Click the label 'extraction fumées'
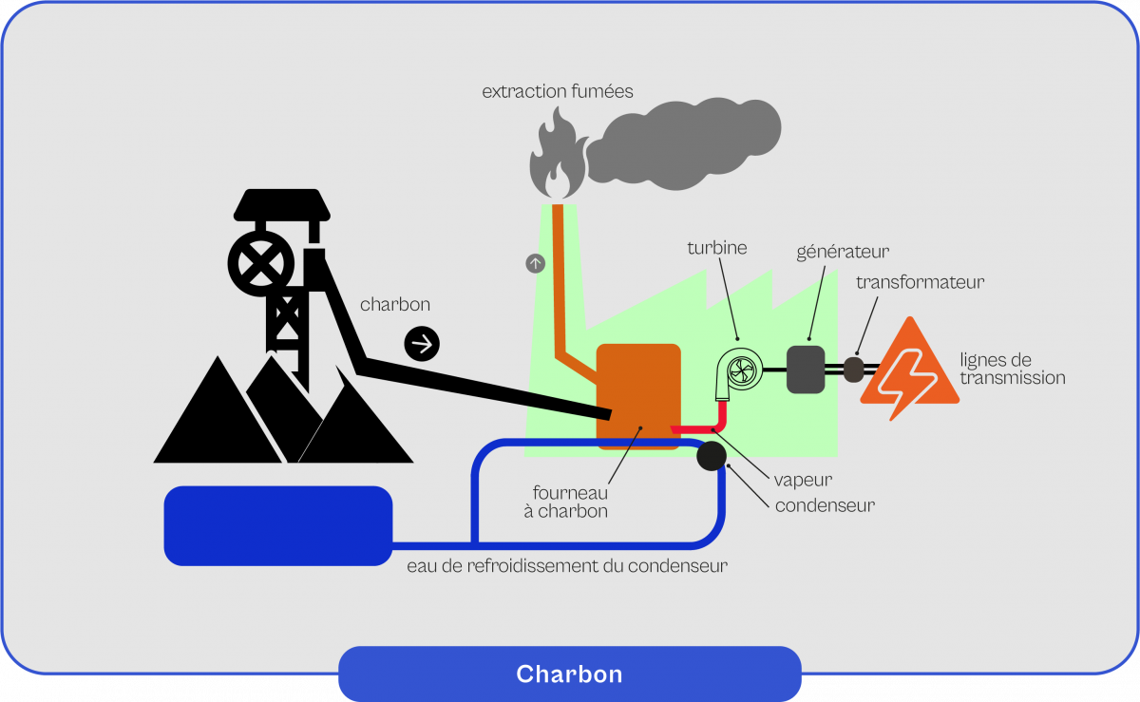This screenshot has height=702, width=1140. (x=557, y=92)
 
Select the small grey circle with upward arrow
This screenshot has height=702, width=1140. (x=536, y=263)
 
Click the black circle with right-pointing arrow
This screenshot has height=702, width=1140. (x=422, y=343)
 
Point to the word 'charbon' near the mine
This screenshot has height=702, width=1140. (x=395, y=305)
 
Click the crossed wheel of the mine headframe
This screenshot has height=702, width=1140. (x=260, y=262)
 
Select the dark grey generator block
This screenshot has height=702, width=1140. (x=806, y=369)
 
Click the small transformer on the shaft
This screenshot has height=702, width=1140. (x=853, y=368)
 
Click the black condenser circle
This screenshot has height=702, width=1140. (x=712, y=456)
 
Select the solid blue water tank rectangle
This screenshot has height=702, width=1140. (x=277, y=525)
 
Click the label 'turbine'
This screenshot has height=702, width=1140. (x=717, y=248)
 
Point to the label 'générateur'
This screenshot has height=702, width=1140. (x=843, y=253)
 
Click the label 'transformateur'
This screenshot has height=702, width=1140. (x=920, y=282)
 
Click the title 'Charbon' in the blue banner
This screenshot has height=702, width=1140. (x=569, y=674)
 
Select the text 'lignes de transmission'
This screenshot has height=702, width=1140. (x=1011, y=369)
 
